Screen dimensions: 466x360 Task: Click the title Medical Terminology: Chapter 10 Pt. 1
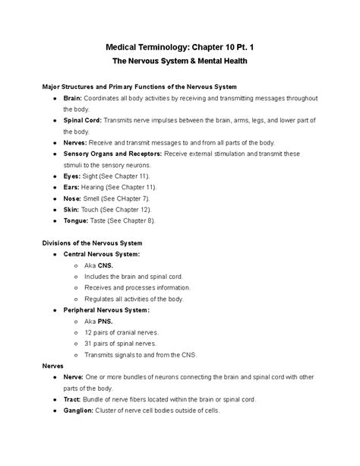180,46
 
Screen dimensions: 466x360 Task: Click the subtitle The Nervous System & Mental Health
180,61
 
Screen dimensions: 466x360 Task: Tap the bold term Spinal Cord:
82,121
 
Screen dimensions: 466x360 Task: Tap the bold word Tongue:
77,220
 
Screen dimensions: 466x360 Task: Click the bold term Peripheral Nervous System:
106,309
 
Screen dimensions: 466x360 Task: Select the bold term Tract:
74,398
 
